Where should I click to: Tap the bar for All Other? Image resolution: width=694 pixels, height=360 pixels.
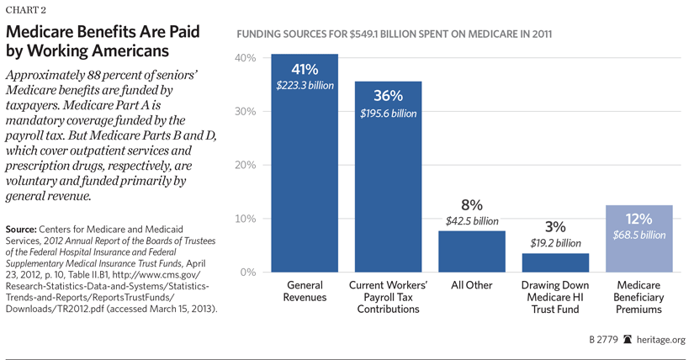472,251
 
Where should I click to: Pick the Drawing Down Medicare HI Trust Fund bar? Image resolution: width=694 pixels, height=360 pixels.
556,262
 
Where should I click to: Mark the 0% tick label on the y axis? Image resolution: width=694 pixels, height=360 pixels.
246,273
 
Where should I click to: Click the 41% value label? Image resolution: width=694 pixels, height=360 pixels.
304,69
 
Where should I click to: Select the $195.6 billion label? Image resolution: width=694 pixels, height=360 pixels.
388,113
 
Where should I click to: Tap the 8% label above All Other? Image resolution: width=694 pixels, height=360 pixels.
472,204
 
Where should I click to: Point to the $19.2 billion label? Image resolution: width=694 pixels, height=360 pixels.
556,243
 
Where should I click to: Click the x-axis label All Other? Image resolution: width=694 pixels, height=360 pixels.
472,286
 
